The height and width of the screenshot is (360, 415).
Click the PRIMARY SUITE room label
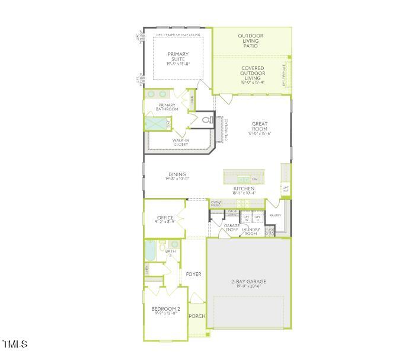(178, 57)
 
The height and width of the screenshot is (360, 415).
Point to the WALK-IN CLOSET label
(181, 142)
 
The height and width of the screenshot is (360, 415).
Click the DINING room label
(177, 175)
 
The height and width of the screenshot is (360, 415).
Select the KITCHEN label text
(244, 189)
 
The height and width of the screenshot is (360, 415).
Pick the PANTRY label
(275, 215)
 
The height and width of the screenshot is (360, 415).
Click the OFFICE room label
(165, 218)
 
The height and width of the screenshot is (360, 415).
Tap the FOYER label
(193, 274)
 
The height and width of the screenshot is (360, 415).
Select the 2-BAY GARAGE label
(248, 281)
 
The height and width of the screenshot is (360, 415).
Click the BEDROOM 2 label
(165, 309)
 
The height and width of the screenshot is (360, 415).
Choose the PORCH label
(197, 316)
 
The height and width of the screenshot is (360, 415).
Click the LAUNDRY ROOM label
(250, 231)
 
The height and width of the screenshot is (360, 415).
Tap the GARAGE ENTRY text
(231, 228)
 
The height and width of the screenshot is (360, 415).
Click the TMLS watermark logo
(15, 344)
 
